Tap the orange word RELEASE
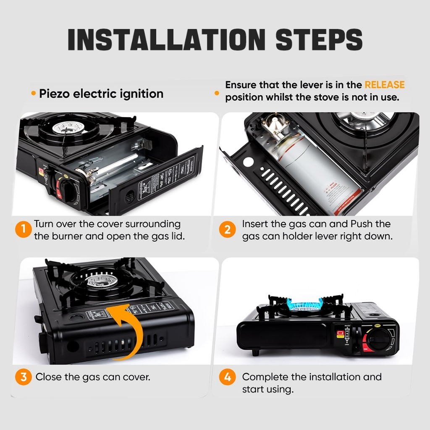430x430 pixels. [x=384, y=85]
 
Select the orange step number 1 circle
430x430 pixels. [x=24, y=230]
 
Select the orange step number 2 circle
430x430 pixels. [x=227, y=230]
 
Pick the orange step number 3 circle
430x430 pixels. [x=24, y=377]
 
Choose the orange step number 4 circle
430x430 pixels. [x=227, y=377]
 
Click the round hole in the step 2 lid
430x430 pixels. [x=248, y=161]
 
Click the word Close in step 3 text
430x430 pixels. [x=48, y=377]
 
